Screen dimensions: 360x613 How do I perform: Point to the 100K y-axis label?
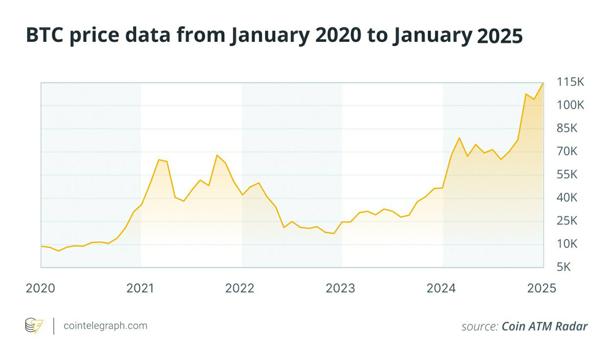570,105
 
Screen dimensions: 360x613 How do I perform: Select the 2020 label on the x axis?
40,288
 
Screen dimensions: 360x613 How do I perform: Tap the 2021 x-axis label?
140,288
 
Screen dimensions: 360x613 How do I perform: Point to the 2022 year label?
240,288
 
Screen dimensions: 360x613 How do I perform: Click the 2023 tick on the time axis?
341,288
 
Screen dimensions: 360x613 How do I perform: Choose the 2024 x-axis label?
441,288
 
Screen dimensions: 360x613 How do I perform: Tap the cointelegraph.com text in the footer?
105,325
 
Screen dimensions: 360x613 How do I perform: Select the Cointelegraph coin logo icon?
34,325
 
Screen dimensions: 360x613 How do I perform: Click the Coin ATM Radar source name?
545,326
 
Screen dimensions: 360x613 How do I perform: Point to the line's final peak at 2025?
543,83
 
